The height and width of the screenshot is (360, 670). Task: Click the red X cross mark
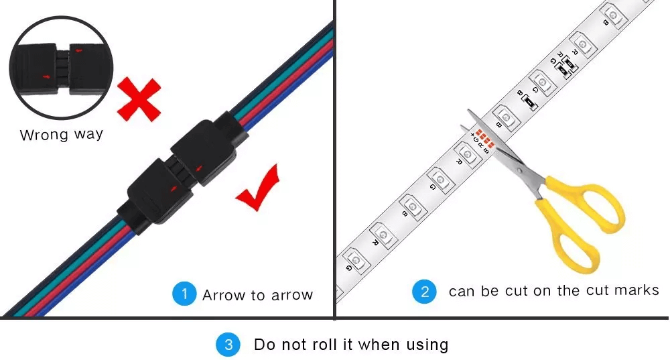click(139, 99)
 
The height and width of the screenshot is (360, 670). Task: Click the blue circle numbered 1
click(184, 294)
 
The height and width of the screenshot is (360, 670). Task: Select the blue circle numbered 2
click(423, 291)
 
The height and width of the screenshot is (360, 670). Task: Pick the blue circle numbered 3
click(227, 345)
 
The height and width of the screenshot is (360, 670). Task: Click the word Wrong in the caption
click(43, 135)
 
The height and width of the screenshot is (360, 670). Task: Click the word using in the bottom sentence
click(427, 345)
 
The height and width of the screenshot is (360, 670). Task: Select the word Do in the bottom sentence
click(265, 345)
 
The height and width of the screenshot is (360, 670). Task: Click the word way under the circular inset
click(88, 135)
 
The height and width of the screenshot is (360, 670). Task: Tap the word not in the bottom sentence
click(296, 345)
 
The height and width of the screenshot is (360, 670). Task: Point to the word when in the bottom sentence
click(379, 345)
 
